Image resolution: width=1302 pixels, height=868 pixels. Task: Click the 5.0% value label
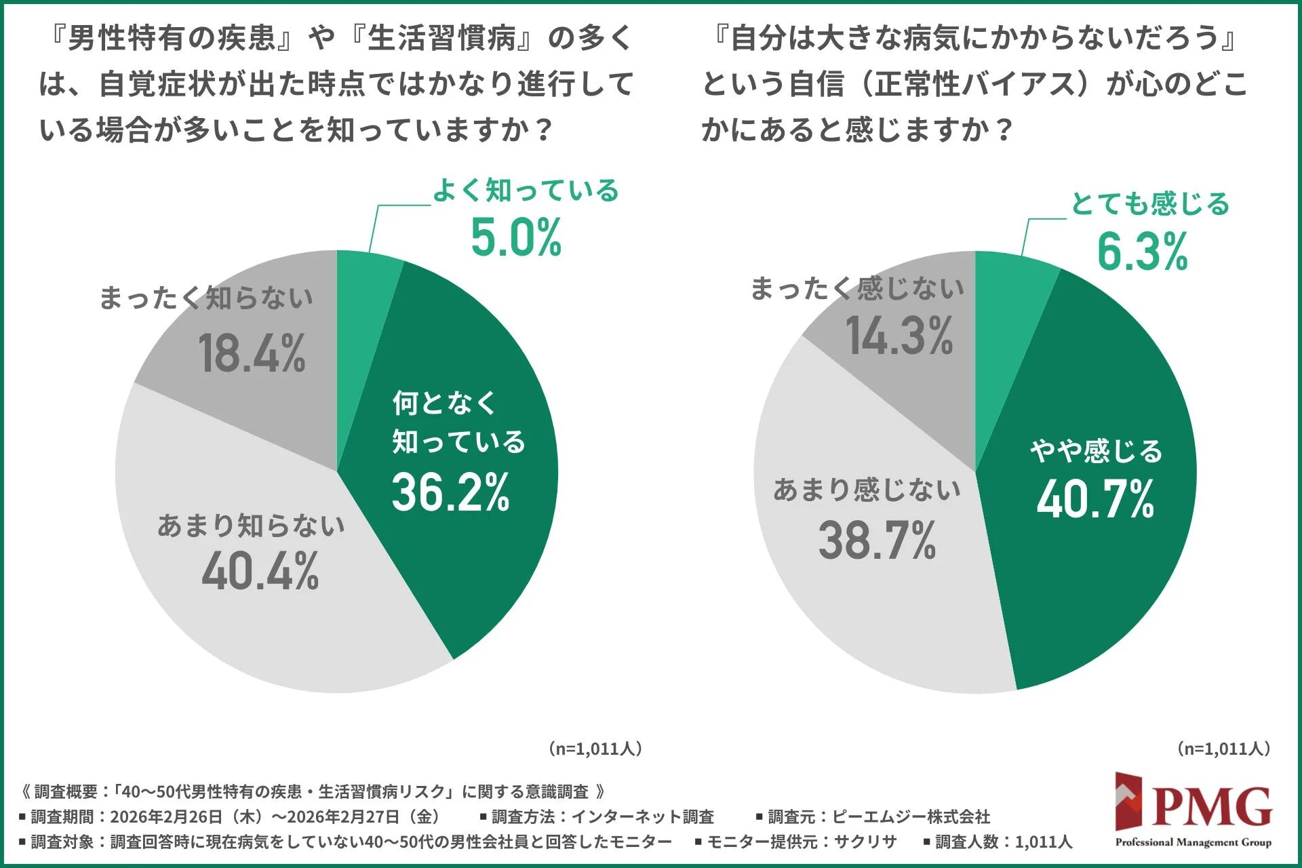(x=516, y=238)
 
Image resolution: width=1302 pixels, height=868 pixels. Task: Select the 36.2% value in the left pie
(x=451, y=492)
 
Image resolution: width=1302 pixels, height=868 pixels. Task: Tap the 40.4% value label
(x=260, y=572)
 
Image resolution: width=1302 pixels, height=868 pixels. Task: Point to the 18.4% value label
(x=252, y=354)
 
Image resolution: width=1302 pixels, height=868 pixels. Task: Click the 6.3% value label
(x=1143, y=252)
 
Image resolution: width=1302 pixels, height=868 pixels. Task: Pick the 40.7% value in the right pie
(x=1095, y=500)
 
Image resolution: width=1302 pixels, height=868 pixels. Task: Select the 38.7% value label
(x=877, y=541)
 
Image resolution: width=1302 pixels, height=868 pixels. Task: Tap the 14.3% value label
(x=899, y=336)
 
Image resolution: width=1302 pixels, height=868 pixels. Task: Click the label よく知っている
(x=526, y=191)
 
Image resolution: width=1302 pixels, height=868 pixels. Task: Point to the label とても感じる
(x=1150, y=204)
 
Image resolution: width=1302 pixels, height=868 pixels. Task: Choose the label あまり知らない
(x=251, y=526)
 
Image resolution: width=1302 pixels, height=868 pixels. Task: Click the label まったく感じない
(x=857, y=289)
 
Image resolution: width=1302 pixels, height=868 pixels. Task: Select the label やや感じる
(x=1097, y=452)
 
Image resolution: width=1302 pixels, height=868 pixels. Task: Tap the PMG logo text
(x=1212, y=807)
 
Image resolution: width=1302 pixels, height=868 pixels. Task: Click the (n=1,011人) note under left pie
(x=595, y=749)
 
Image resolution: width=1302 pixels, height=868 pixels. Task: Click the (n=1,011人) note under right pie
(x=1223, y=749)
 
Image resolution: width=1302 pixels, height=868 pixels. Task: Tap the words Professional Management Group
(x=1193, y=843)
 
